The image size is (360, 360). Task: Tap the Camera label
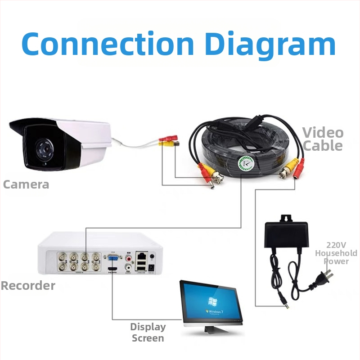(26, 184)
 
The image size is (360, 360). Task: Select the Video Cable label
(322, 139)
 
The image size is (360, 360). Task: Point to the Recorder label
(28, 285)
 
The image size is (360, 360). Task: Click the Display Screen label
(148, 332)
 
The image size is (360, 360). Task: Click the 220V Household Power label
(336, 253)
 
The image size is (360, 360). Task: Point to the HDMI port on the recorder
(112, 270)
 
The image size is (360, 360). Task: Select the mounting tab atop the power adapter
(286, 219)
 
